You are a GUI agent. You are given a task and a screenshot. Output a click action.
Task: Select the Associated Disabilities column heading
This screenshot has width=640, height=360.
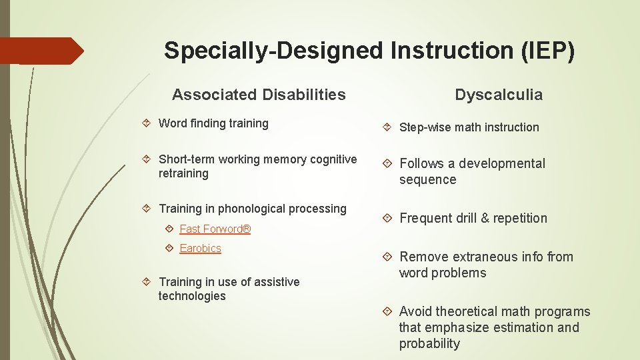click(x=259, y=95)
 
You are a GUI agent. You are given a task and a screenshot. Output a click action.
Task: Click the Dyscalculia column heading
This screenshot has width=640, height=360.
click(x=499, y=95)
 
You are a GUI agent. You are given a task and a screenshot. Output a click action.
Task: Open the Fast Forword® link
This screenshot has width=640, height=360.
click(x=215, y=229)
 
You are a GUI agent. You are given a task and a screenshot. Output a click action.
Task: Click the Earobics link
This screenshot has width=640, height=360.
click(x=200, y=248)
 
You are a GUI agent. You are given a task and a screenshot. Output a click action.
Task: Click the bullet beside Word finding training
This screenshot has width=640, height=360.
click(x=149, y=123)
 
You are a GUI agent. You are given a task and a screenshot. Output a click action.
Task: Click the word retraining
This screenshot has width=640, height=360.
click(x=183, y=173)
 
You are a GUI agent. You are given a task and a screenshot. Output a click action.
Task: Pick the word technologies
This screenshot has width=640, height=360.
click(x=192, y=296)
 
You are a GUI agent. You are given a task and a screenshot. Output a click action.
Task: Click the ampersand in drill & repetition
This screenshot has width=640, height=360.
click(x=477, y=218)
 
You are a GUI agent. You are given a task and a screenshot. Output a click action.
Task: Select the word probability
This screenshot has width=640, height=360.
click(x=429, y=343)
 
